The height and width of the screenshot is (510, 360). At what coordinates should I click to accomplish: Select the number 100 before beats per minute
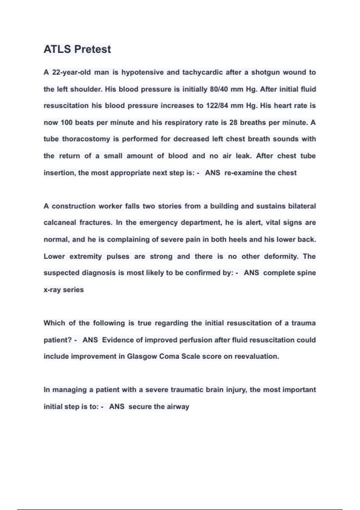pos(67,123)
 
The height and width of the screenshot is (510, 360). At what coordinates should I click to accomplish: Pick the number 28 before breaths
pos(233,123)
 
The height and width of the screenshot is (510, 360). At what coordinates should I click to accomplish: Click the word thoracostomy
pos(86,139)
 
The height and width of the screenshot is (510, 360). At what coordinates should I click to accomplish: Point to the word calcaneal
pos(60,223)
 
